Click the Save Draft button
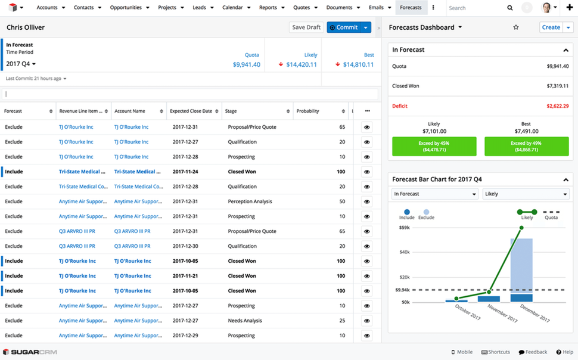pyautogui.click(x=306, y=27)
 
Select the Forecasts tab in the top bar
pyautogui.click(x=411, y=8)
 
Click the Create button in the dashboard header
pyautogui.click(x=551, y=27)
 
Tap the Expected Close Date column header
pyautogui.click(x=191, y=111)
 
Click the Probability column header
pyautogui.click(x=308, y=111)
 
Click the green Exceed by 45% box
pyautogui.click(x=434, y=147)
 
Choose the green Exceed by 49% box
pyautogui.click(x=526, y=147)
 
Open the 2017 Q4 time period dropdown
pyautogui.click(x=21, y=64)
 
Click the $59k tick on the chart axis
pyautogui.click(x=404, y=227)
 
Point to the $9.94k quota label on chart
pyautogui.click(x=402, y=290)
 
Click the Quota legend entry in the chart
pyautogui.click(x=551, y=214)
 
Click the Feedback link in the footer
pyautogui.click(x=533, y=352)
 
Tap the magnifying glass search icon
pyautogui.click(x=509, y=8)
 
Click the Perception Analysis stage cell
pyautogui.click(x=250, y=201)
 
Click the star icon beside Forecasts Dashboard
pyautogui.click(x=516, y=27)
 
